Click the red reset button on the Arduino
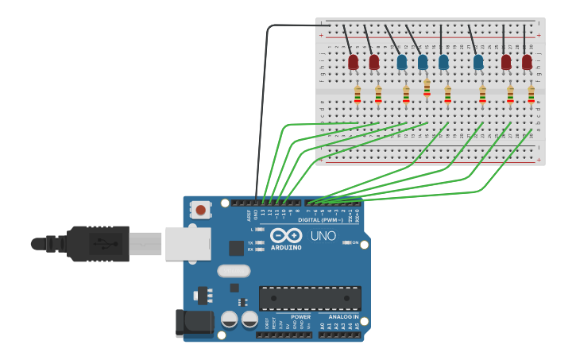point(201,211)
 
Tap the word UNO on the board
point(323,236)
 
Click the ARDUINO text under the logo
point(286,247)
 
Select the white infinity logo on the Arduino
point(286,236)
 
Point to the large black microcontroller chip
point(310,298)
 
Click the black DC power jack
point(196,322)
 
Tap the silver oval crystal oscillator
point(234,271)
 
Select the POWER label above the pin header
point(300,317)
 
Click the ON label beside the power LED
point(354,243)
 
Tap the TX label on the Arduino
point(250,242)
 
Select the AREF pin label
point(249,215)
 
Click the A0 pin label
point(323,326)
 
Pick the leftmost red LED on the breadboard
point(354,61)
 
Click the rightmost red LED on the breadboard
point(527,61)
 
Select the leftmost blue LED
point(402,61)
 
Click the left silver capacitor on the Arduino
point(230,319)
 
